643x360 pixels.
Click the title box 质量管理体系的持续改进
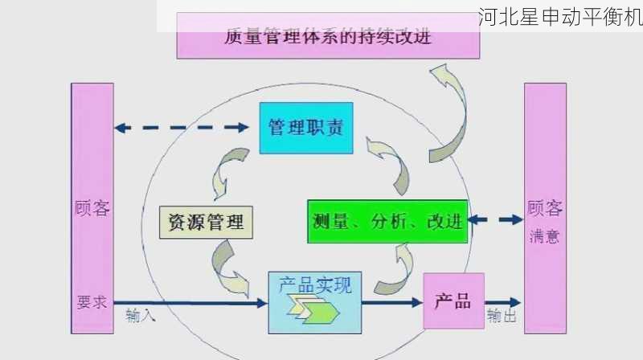(x=328, y=36)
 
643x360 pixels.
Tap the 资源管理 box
(x=207, y=220)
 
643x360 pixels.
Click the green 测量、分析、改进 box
(x=387, y=221)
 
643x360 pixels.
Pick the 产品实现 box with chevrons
(x=314, y=302)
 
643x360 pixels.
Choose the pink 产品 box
(x=453, y=301)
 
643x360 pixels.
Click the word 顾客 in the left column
(x=92, y=209)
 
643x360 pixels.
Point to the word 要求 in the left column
(x=92, y=302)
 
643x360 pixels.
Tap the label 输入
(x=141, y=316)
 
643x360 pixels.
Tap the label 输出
(x=502, y=316)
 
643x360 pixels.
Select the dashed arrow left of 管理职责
(x=181, y=127)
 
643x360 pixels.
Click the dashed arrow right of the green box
(x=495, y=219)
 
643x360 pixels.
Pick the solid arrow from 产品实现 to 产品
(x=392, y=302)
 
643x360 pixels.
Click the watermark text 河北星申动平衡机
(x=559, y=18)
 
